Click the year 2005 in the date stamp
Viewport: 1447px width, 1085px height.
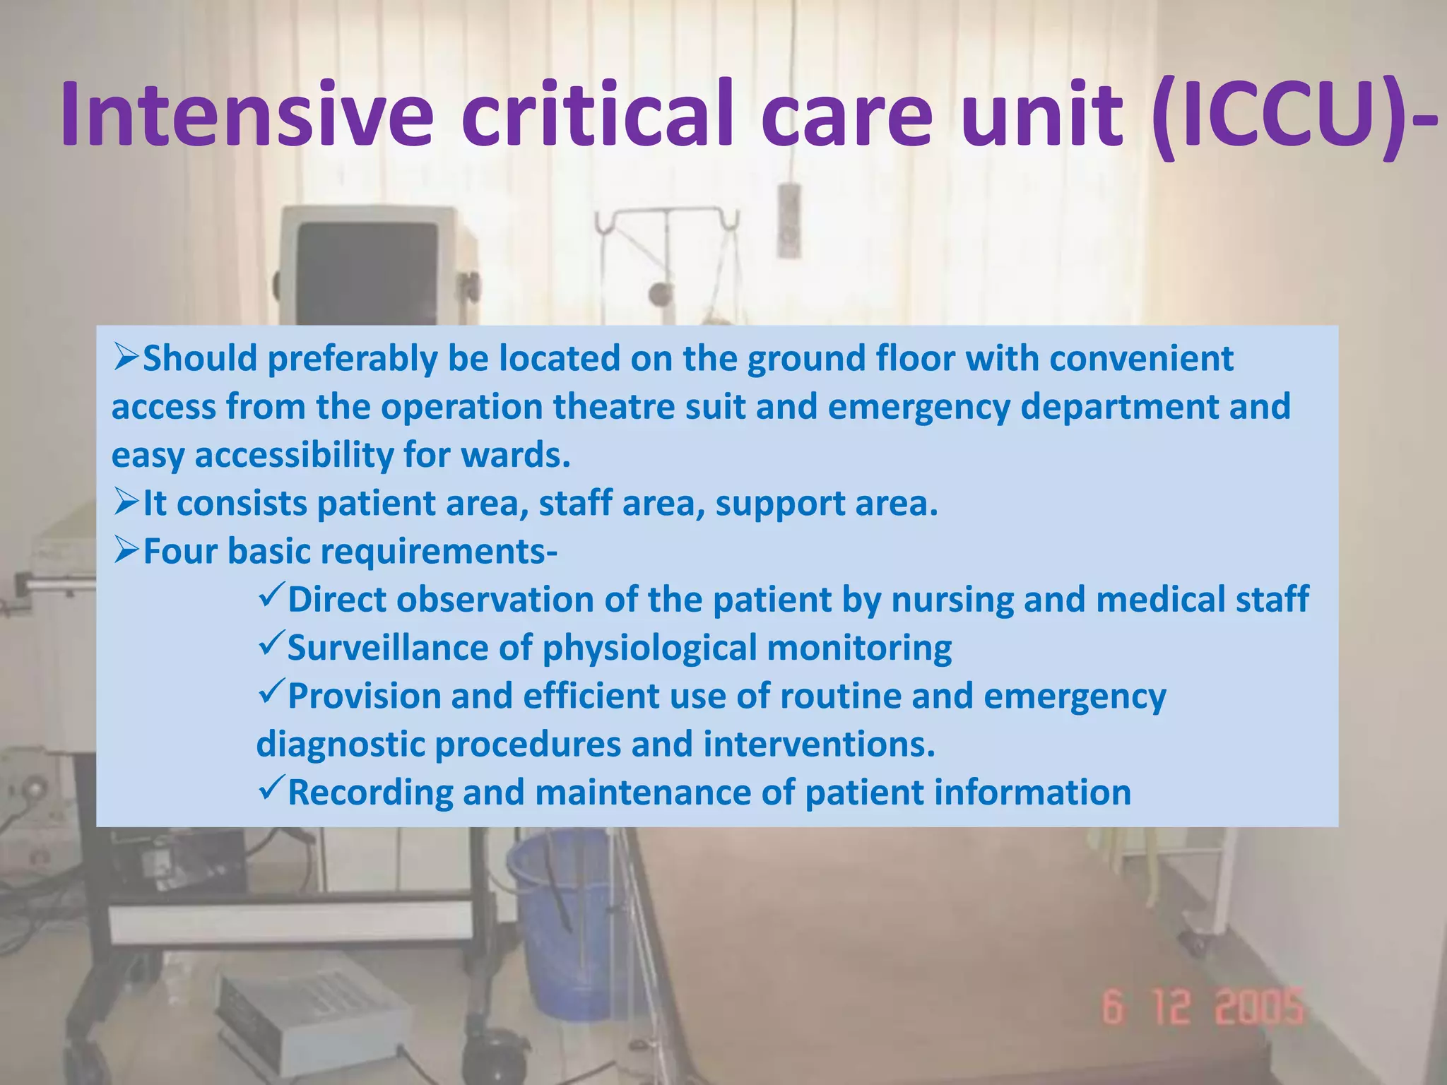click(1259, 1007)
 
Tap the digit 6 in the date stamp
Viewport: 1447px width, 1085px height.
click(1112, 1007)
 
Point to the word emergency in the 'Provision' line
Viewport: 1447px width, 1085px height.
click(1074, 696)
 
